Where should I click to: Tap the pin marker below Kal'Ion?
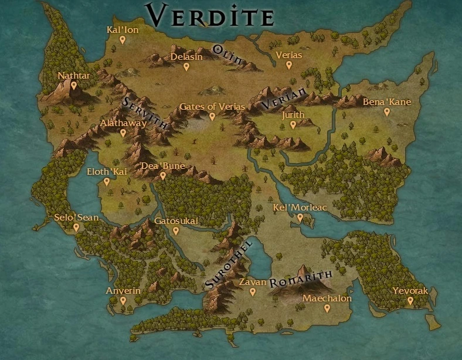123,40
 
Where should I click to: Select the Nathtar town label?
73,76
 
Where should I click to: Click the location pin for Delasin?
186,66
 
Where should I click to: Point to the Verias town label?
288,55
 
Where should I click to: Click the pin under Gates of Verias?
212,116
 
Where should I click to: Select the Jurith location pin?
293,124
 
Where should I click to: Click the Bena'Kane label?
387,102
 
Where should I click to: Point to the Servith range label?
144,113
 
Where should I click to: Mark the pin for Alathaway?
123,133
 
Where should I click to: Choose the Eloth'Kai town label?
107,172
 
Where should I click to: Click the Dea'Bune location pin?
163,175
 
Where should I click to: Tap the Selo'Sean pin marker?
76,227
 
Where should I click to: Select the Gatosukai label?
176,221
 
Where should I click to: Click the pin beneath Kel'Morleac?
300,218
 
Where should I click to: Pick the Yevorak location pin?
410,300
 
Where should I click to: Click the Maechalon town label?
327,298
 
